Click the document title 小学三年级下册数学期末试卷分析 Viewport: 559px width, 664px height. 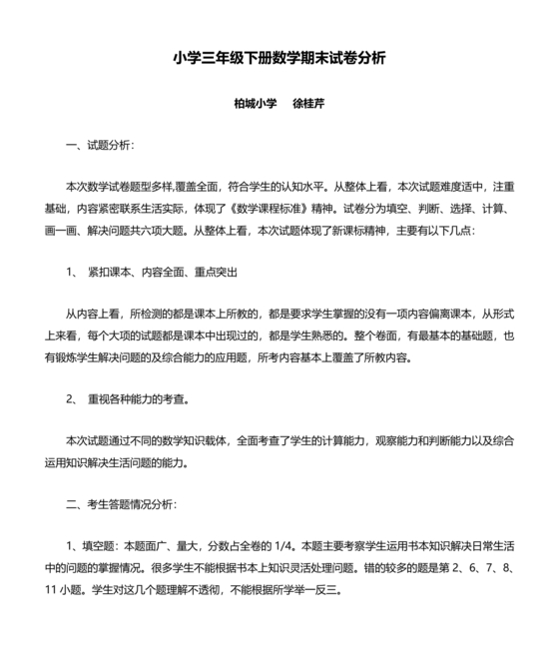pos(279,58)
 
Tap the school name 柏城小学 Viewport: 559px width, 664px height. pos(256,103)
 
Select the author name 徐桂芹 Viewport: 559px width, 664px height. pos(311,103)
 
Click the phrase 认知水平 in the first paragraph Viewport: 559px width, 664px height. pos(302,187)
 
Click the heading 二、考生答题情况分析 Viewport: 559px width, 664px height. pos(121,503)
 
